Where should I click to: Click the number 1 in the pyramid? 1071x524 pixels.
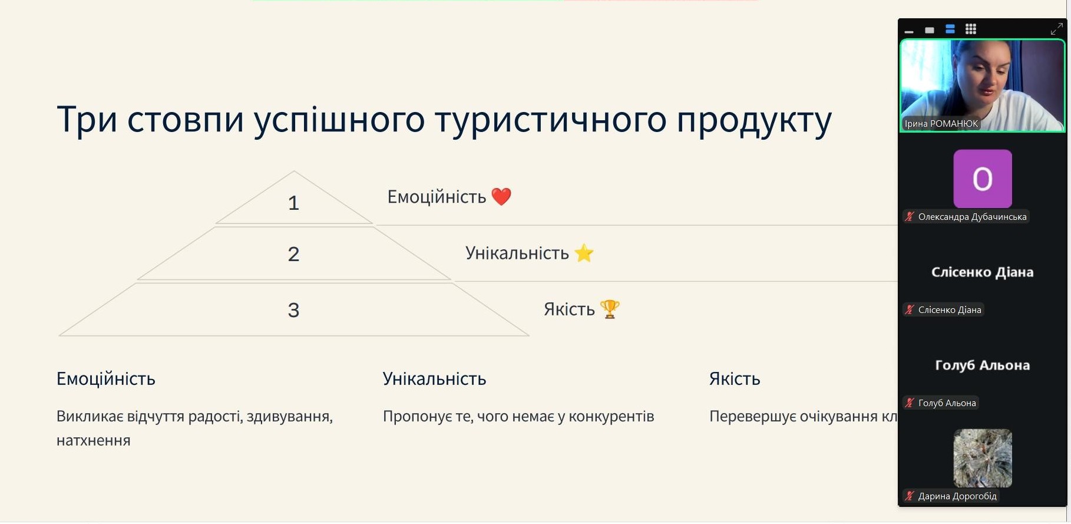tap(293, 203)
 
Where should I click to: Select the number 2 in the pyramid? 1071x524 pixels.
tap(293, 254)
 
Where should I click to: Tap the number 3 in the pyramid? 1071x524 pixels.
tap(293, 310)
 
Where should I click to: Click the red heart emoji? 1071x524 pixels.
tap(501, 196)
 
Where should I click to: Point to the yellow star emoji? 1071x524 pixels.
tap(584, 253)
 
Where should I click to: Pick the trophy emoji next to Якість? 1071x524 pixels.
tap(610, 309)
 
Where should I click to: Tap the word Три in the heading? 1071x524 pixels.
tap(87, 119)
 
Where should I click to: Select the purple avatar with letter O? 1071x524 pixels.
tap(983, 179)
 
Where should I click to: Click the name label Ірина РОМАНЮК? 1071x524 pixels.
tap(941, 124)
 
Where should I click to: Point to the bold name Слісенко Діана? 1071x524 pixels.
tap(983, 272)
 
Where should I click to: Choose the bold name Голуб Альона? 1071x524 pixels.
tap(983, 365)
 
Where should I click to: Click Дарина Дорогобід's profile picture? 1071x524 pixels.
tap(983, 458)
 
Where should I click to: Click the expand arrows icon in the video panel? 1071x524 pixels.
tap(1057, 28)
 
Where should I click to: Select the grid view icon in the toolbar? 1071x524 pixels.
tap(971, 29)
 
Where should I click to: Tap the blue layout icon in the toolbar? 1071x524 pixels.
tap(950, 29)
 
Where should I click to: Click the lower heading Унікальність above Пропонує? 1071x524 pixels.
tap(435, 378)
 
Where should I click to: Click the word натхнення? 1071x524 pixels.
tap(94, 441)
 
